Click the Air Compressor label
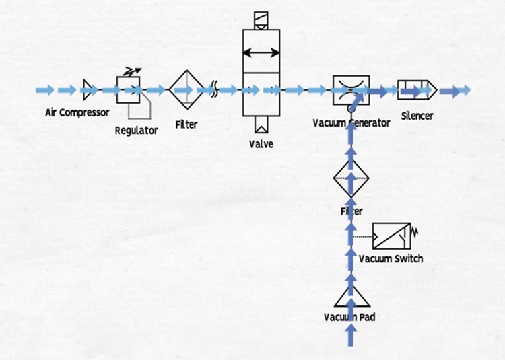click(x=77, y=112)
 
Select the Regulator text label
click(x=136, y=130)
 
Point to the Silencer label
click(x=417, y=116)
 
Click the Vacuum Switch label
click(x=391, y=258)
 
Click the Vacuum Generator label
click(x=351, y=123)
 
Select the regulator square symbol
click(x=128, y=90)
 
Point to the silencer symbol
click(x=416, y=89)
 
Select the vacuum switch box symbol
click(x=392, y=236)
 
